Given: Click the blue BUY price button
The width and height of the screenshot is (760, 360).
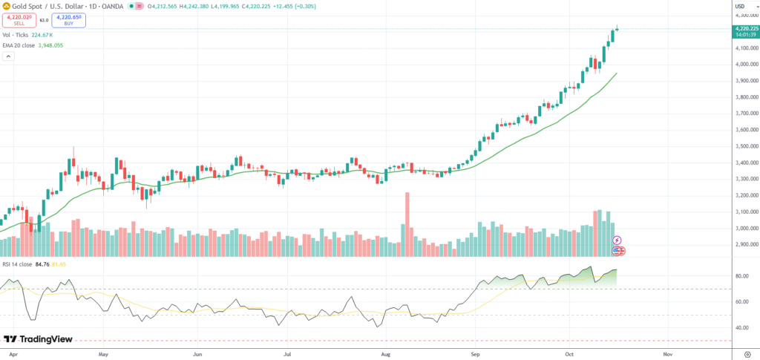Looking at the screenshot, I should [69, 21].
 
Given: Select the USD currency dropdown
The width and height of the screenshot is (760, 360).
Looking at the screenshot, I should [739, 7].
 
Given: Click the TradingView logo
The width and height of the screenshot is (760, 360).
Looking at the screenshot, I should [39, 338].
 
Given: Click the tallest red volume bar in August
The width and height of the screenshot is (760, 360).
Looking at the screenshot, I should [407, 223].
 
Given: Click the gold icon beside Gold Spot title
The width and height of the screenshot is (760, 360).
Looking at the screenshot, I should [5, 7].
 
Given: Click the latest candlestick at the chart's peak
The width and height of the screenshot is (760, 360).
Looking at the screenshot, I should [617, 29].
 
